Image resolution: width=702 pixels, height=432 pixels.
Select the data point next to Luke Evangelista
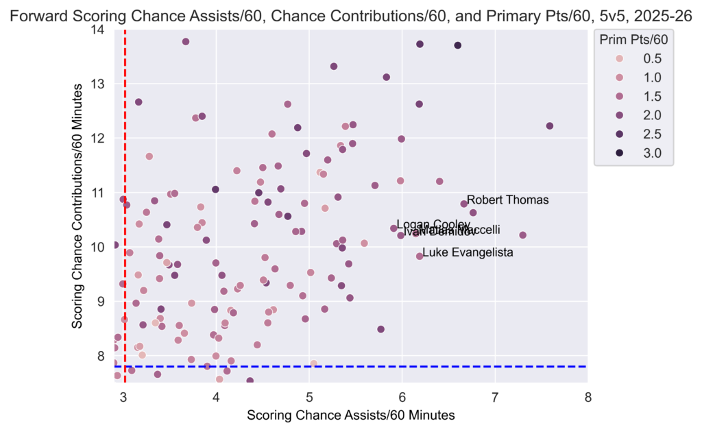(x=420, y=256)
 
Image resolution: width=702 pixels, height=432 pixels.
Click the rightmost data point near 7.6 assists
(x=549, y=125)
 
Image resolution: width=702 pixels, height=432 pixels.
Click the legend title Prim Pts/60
(x=633, y=40)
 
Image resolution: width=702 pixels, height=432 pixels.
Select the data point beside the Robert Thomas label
(x=464, y=204)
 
